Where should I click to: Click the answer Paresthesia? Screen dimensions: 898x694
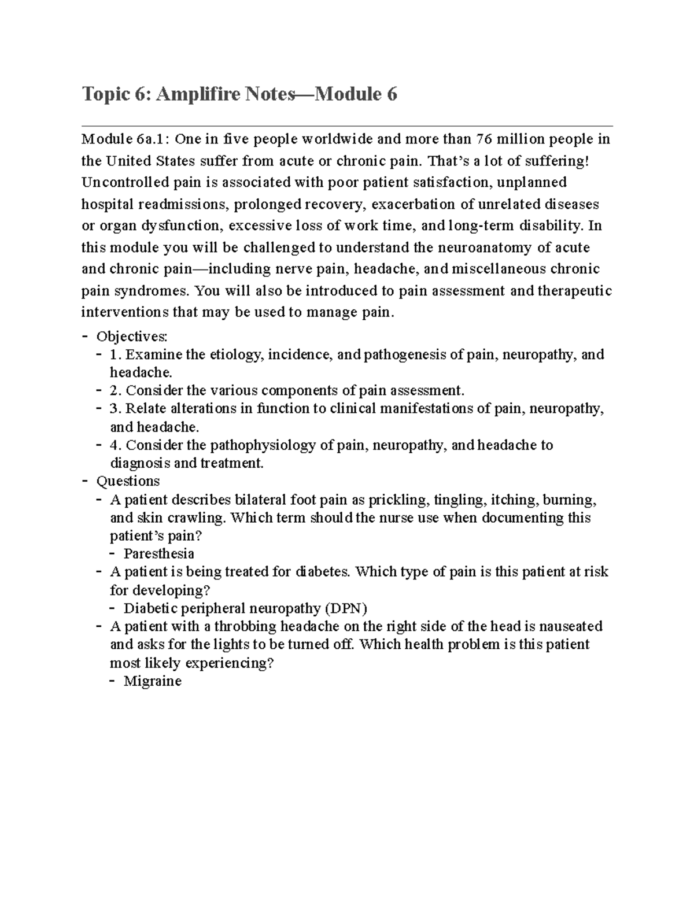pos(159,554)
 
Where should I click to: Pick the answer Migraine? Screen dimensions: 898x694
pos(153,681)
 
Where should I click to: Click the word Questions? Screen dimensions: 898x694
pos(128,481)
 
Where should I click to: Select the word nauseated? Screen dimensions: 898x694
pos(571,626)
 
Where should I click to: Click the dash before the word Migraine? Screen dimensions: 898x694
pos(112,681)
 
